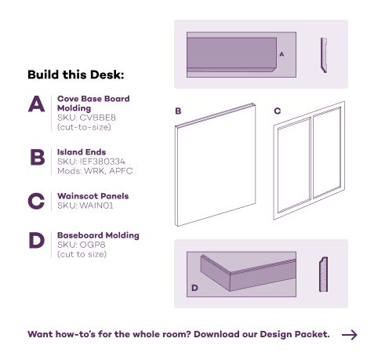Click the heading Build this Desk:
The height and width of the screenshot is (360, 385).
pyautogui.click(x=76, y=75)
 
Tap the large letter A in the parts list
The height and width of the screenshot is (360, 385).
pyautogui.click(x=36, y=104)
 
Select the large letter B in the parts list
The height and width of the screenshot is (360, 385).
pyautogui.click(x=38, y=157)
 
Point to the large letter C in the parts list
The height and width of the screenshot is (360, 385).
pyautogui.click(x=36, y=201)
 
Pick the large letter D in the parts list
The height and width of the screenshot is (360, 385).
pyautogui.click(x=37, y=240)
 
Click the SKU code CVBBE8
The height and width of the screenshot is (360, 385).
pyautogui.click(x=97, y=118)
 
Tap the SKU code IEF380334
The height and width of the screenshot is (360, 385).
pyautogui.click(x=102, y=162)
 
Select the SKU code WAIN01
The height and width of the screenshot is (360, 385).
pyautogui.click(x=96, y=205)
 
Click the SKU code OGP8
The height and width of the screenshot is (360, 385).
pyautogui.click(x=93, y=245)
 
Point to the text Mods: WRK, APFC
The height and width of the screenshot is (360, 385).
pyautogui.click(x=95, y=171)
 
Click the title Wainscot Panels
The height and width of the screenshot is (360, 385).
pyautogui.click(x=93, y=196)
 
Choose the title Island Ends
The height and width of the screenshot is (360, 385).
pyautogui.click(x=82, y=152)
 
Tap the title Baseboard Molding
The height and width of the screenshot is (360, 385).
pyautogui.click(x=98, y=235)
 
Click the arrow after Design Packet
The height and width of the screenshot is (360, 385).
pyautogui.click(x=350, y=335)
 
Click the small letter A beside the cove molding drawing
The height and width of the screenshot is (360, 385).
pyautogui.click(x=281, y=54)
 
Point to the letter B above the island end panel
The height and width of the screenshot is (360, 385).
pyautogui.click(x=178, y=111)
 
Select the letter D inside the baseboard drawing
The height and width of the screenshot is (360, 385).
pyautogui.click(x=194, y=288)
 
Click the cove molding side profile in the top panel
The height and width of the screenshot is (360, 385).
pyautogui.click(x=324, y=55)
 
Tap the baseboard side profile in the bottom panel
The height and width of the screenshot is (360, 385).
pyautogui.click(x=324, y=275)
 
